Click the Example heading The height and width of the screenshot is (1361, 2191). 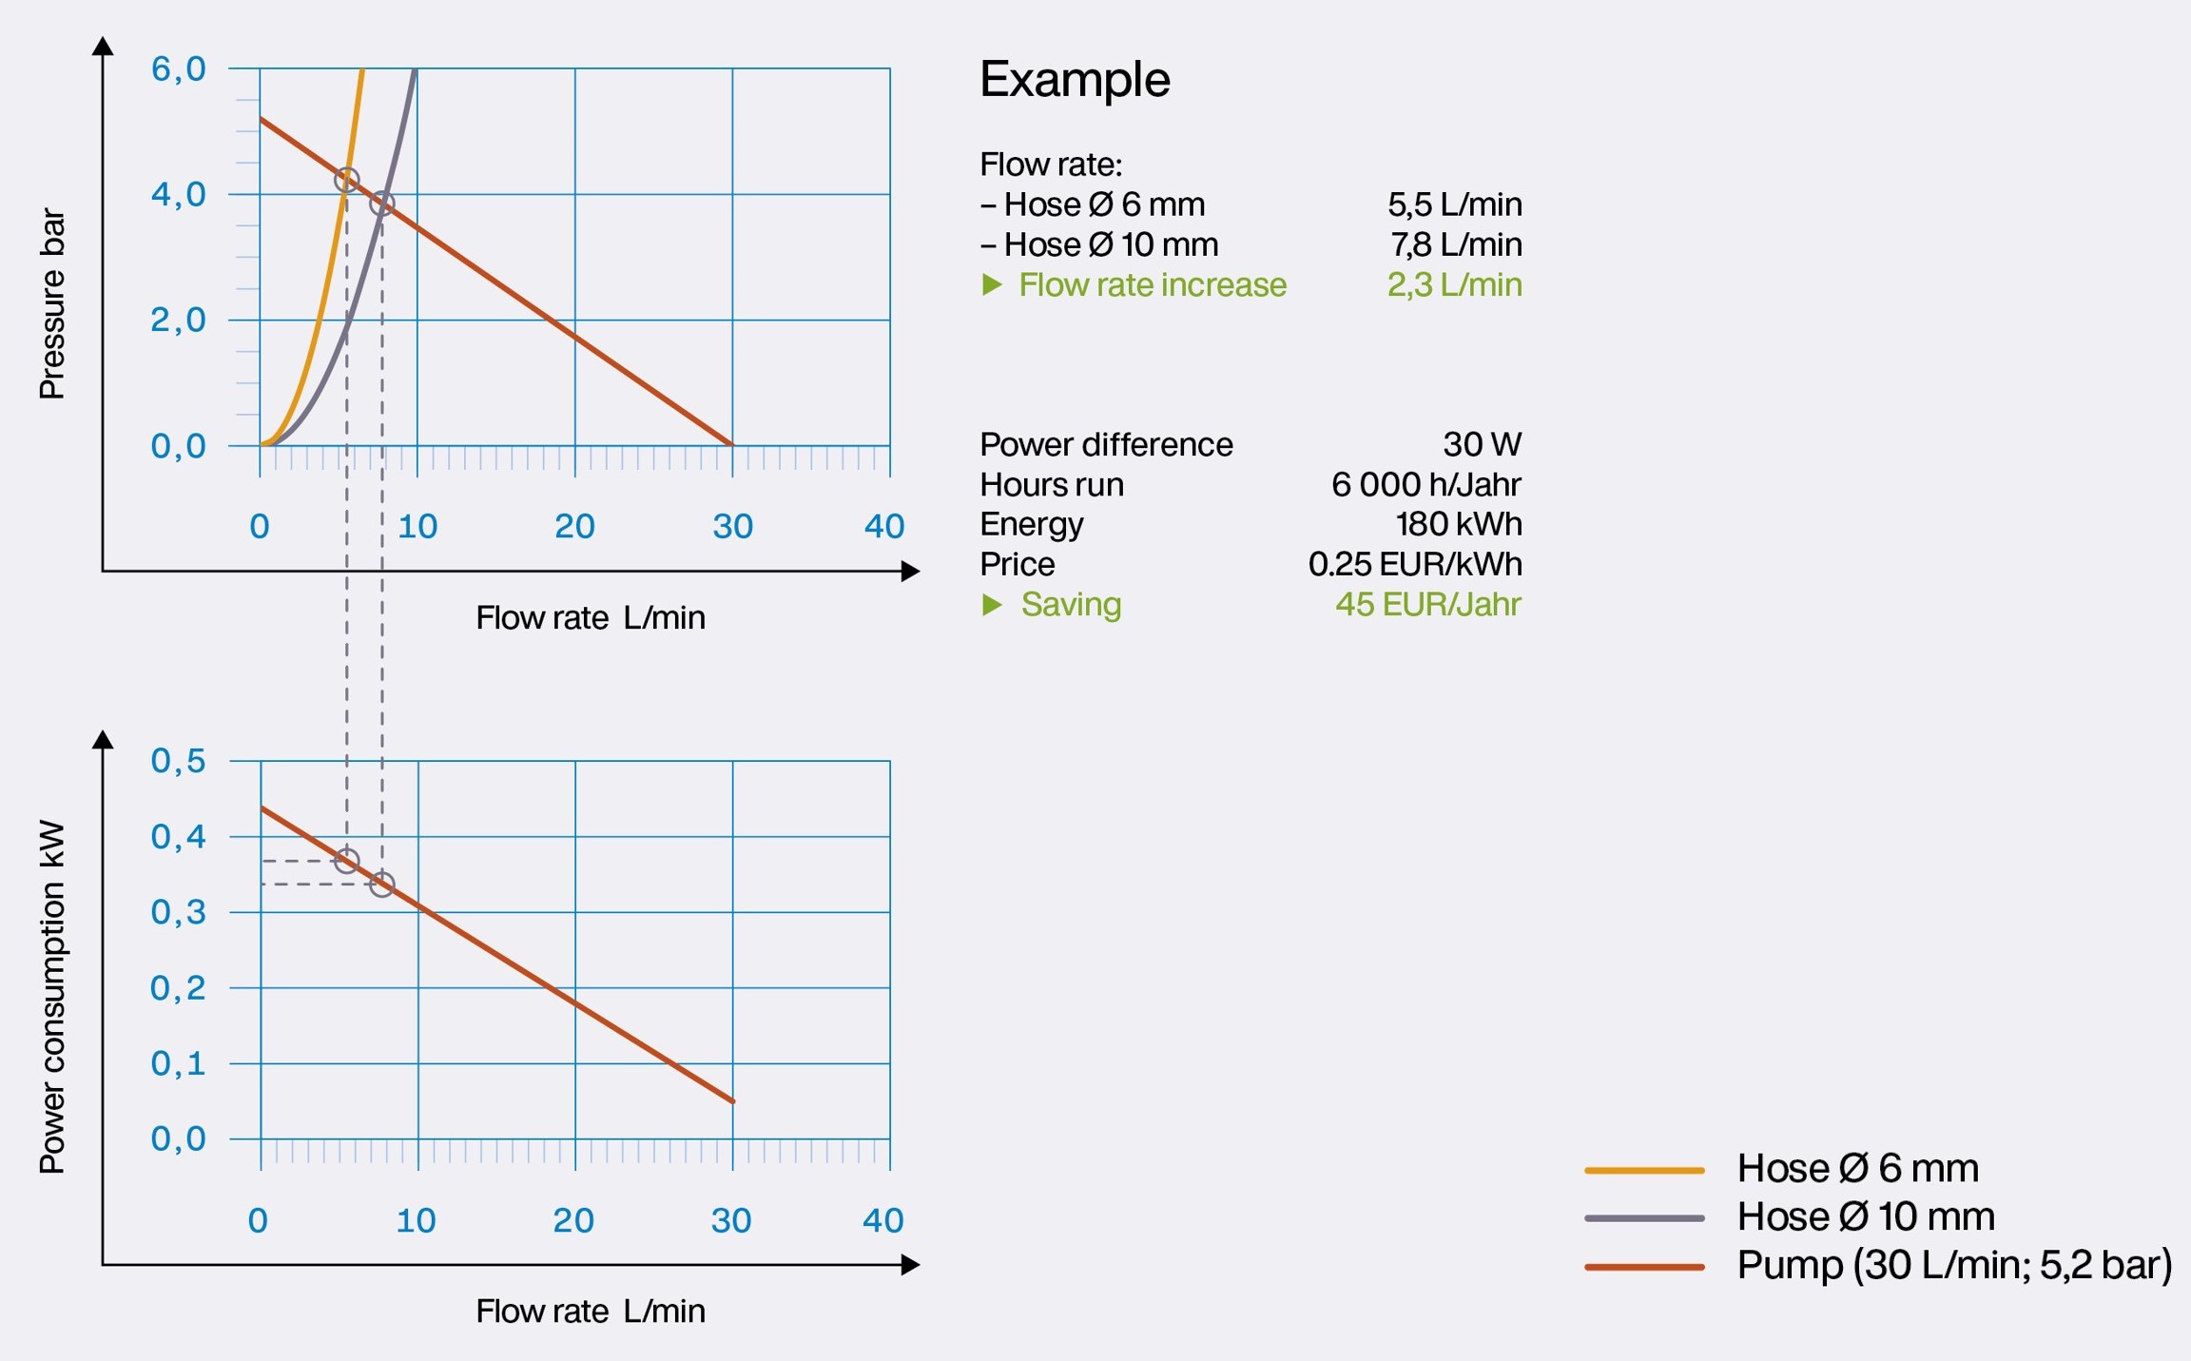pyautogui.click(x=1075, y=79)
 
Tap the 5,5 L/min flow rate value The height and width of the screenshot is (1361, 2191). pyautogui.click(x=1454, y=204)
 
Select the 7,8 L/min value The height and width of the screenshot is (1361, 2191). pyautogui.click(x=1456, y=244)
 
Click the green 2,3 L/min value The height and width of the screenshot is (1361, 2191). pyautogui.click(x=1454, y=284)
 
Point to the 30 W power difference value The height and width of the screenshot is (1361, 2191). pyautogui.click(x=1482, y=444)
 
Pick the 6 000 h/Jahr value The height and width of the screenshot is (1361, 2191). pyautogui.click(x=1425, y=485)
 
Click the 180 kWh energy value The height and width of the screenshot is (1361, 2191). pyautogui.click(x=1458, y=524)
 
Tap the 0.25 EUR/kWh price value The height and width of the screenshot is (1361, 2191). pyautogui.click(x=1414, y=564)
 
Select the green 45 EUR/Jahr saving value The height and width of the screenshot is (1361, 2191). pyautogui.click(x=1427, y=604)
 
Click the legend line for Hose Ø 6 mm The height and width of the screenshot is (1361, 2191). pyautogui.click(x=1643, y=1170)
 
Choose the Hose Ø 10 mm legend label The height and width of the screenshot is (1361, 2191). pyautogui.click(x=1865, y=1216)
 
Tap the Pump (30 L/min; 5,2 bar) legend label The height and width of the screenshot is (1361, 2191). pyautogui.click(x=1954, y=1265)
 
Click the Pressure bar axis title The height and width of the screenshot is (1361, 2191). pyautogui.click(x=52, y=304)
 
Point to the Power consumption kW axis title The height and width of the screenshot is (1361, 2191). pyautogui.click(x=52, y=997)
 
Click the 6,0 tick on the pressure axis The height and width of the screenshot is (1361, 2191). pyautogui.click(x=178, y=68)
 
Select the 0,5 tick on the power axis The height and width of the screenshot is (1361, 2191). pyautogui.click(x=178, y=761)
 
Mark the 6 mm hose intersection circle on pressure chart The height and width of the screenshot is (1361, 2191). pyautogui.click(x=347, y=180)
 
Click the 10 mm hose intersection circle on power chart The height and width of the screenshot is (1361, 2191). pyautogui.click(x=382, y=885)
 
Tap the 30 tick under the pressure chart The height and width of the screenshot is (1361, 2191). pyautogui.click(x=732, y=526)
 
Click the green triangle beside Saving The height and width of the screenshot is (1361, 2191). pyautogui.click(x=992, y=605)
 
